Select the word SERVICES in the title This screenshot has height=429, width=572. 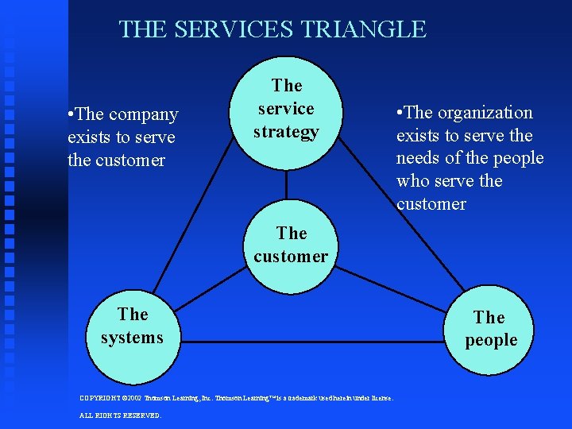click(x=234, y=29)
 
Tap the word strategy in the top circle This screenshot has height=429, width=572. click(x=286, y=132)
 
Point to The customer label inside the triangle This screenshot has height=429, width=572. click(x=291, y=245)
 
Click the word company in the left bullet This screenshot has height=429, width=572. click(x=143, y=114)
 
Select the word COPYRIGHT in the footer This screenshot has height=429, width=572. click(x=100, y=397)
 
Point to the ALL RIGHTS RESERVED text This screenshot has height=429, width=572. click(x=121, y=415)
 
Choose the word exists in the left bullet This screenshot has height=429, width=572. click(x=92, y=137)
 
